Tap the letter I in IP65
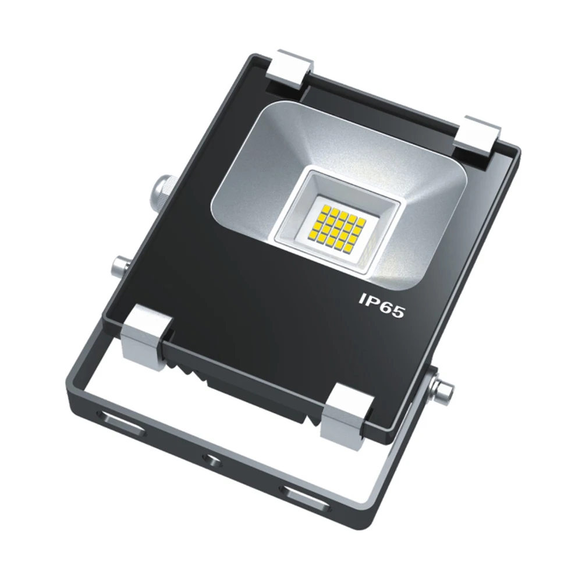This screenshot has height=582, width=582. point(361,299)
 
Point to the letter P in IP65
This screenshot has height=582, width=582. point(371,301)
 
